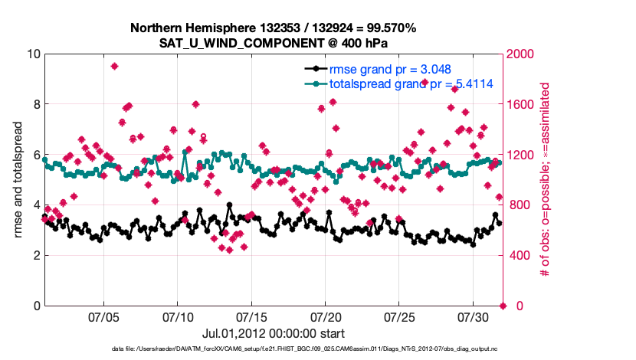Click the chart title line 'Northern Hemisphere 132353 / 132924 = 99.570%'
(273, 28)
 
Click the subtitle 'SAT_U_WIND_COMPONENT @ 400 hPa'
(273, 43)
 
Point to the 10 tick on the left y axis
(33, 54)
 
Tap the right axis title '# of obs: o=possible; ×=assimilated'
(546, 179)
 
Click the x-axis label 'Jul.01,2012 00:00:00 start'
(273, 334)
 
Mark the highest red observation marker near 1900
(114, 66)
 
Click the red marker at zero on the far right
(503, 306)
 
